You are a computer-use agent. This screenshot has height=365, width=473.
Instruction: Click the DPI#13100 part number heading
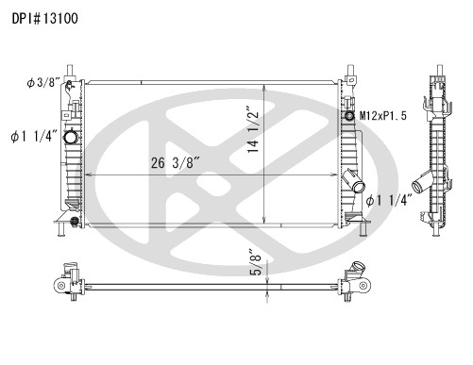[x=45, y=19]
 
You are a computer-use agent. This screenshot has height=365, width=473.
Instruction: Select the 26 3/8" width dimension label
[x=176, y=162]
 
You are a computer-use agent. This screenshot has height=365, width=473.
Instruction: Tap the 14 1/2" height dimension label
[x=253, y=131]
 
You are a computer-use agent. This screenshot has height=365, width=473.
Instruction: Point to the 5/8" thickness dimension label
[x=256, y=262]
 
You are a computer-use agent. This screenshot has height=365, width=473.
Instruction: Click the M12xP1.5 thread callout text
[x=383, y=116]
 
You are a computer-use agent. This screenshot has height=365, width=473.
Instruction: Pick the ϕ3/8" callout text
[x=43, y=83]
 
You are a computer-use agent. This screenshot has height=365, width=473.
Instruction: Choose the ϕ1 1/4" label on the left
[x=34, y=136]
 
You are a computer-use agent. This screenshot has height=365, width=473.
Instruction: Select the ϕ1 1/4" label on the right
[x=389, y=200]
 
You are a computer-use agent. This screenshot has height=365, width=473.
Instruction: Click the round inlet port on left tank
[x=70, y=137]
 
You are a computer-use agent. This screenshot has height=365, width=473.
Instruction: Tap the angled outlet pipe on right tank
[x=353, y=181]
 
